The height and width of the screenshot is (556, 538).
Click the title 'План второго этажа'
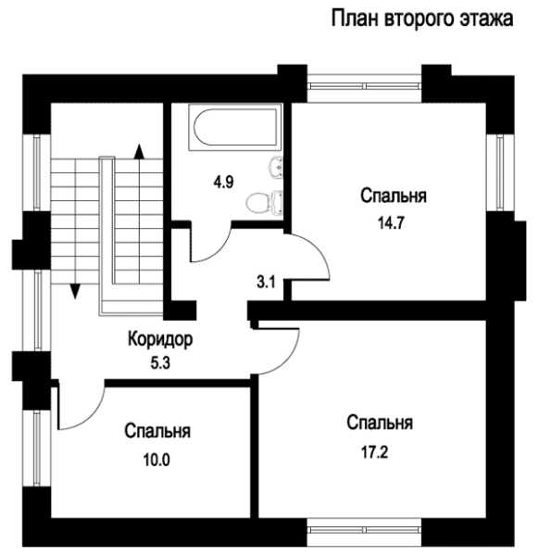pos(421,19)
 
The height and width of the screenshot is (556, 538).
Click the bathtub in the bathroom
pos(235,127)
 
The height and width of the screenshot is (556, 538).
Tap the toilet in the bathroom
pos(264,203)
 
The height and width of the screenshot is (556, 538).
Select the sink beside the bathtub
pos(276,167)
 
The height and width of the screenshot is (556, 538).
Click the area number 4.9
pos(223,183)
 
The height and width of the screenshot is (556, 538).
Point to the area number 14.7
pos(391,223)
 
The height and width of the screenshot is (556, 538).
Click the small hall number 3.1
pos(266,283)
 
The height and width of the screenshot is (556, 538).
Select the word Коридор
pos(160,339)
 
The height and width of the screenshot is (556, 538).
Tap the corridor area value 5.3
pos(160,363)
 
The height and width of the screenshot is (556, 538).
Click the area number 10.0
pos(156,460)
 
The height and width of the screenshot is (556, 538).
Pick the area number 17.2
pos(375,452)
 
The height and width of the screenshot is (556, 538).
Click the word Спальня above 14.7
pos(394,196)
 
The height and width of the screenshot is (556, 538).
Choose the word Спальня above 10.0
pos(157,431)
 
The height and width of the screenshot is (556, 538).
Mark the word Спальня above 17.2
pos(380,423)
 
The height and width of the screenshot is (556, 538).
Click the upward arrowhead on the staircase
pos(139,151)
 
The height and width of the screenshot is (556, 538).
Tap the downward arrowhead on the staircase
pos(75,292)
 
